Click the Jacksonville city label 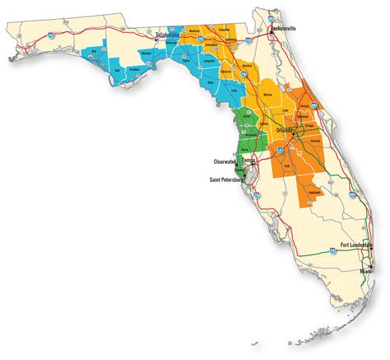tap(283, 27)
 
